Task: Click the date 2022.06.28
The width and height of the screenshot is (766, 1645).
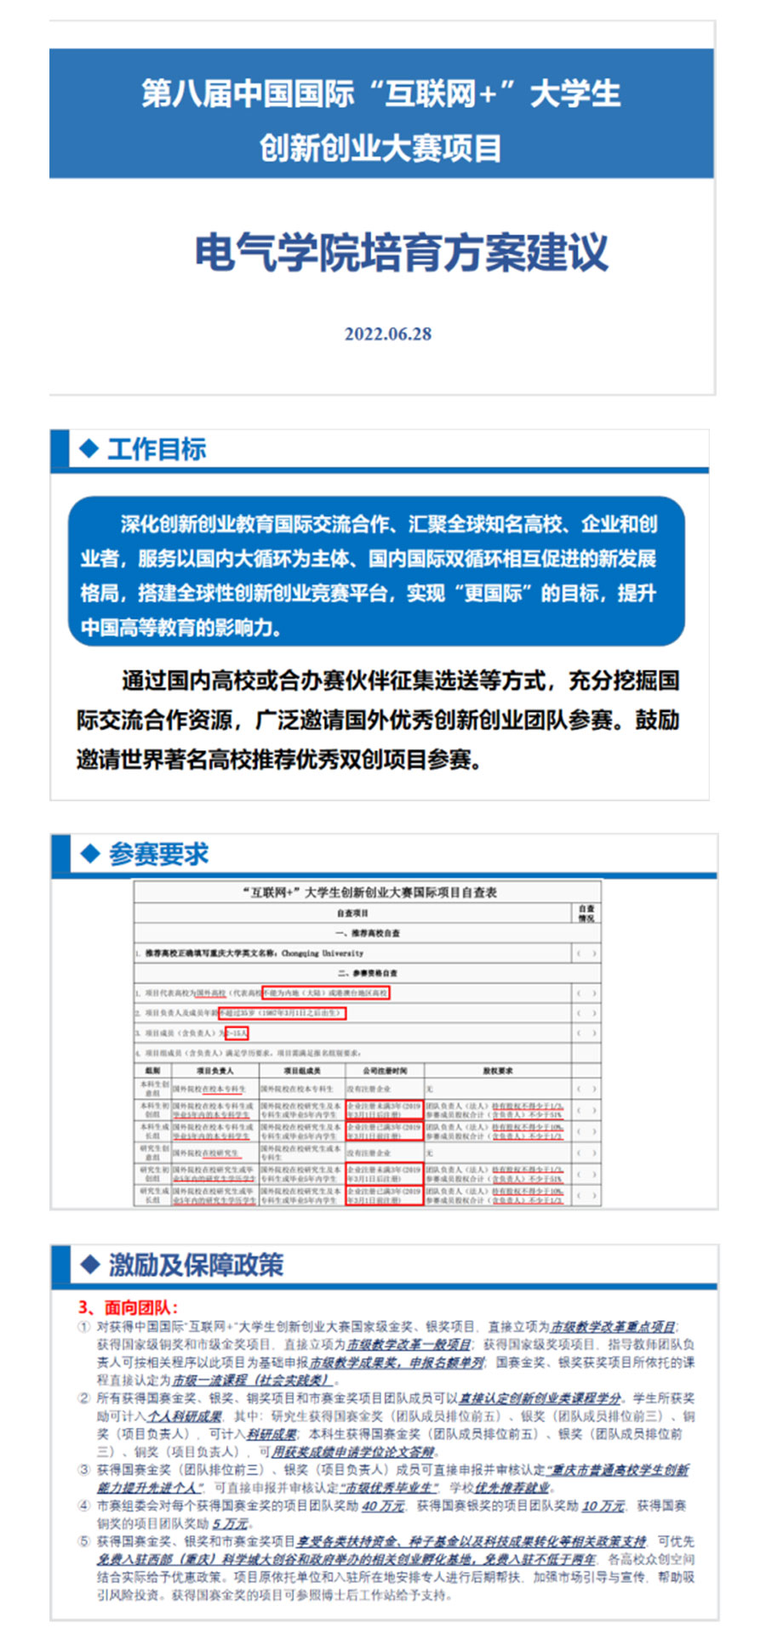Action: tap(387, 333)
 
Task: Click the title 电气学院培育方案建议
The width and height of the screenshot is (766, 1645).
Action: tap(401, 253)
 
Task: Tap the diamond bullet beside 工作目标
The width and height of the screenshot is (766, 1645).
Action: tap(89, 448)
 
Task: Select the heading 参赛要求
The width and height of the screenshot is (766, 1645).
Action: tap(158, 853)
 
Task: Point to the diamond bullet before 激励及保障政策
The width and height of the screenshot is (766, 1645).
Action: tap(89, 1264)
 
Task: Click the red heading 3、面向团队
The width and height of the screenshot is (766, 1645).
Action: tap(128, 1307)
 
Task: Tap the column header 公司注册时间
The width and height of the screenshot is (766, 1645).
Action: tap(384, 1070)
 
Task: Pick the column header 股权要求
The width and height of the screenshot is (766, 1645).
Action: tap(498, 1070)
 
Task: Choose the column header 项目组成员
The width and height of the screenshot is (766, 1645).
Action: tap(301, 1070)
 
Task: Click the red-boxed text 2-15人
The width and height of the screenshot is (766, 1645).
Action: tap(236, 1033)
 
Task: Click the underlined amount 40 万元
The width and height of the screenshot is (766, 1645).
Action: tap(383, 1506)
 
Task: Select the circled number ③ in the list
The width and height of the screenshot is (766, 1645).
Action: tap(83, 1470)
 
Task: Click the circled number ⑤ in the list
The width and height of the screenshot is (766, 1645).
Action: tap(83, 1541)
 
